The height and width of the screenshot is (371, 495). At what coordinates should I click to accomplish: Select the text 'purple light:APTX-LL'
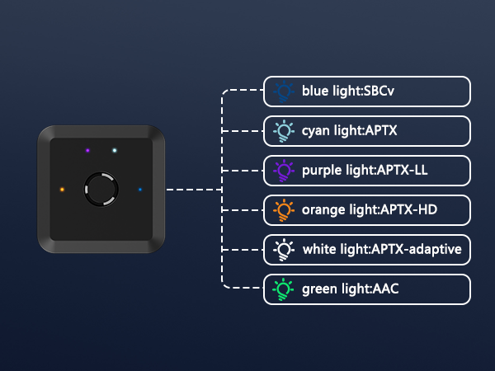point(365,170)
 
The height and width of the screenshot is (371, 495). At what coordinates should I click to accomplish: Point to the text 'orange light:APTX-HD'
point(369,209)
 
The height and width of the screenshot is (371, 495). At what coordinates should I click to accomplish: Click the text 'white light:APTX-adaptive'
point(381,249)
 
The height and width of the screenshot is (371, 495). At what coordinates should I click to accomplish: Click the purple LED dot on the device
point(87,150)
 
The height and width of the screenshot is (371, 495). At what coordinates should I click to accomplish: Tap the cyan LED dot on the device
point(115,150)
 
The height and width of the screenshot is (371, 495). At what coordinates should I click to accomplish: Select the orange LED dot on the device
point(62,190)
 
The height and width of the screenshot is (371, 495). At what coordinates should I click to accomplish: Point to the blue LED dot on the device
point(140,190)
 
